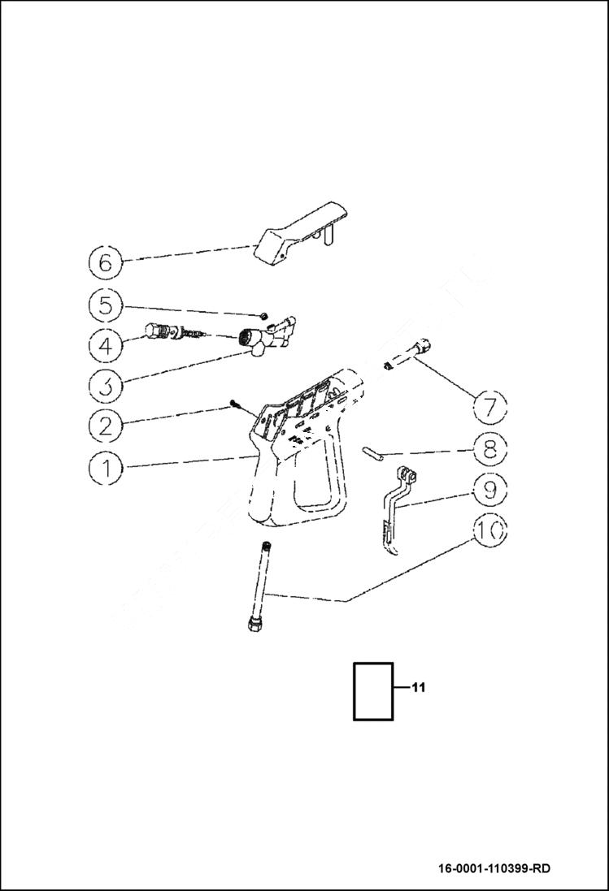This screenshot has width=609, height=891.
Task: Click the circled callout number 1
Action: (x=107, y=466)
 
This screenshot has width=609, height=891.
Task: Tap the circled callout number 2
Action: (x=107, y=424)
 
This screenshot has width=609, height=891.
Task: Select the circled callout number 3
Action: (x=107, y=384)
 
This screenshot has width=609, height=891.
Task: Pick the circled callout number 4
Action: (x=107, y=345)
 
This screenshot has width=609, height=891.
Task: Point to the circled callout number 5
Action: (x=107, y=305)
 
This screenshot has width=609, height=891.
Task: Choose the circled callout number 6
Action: (x=106, y=262)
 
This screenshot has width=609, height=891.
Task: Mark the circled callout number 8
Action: (x=489, y=448)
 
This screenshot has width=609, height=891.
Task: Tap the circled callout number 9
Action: (x=489, y=488)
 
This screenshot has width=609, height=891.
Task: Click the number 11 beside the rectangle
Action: (x=418, y=688)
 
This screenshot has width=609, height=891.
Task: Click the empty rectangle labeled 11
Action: (x=373, y=691)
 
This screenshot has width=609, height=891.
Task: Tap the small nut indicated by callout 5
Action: (x=265, y=315)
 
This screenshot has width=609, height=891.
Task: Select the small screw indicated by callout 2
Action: (x=236, y=402)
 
